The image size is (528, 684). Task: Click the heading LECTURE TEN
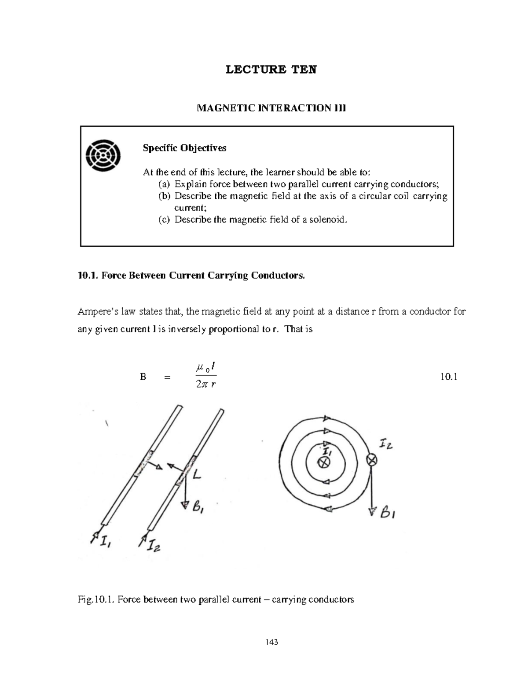[x=271, y=70]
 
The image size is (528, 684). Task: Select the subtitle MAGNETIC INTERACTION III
[x=271, y=108]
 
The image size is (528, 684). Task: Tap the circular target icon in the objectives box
[x=103, y=155]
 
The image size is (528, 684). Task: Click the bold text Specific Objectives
[x=184, y=148]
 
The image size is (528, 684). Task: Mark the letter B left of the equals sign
[x=143, y=377]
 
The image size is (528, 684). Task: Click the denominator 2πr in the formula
[x=206, y=385]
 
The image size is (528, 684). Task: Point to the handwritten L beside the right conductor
[x=197, y=475]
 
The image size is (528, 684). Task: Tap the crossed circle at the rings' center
[x=324, y=462]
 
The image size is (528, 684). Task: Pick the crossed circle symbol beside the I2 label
[x=372, y=460]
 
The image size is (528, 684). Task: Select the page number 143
[x=271, y=642]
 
